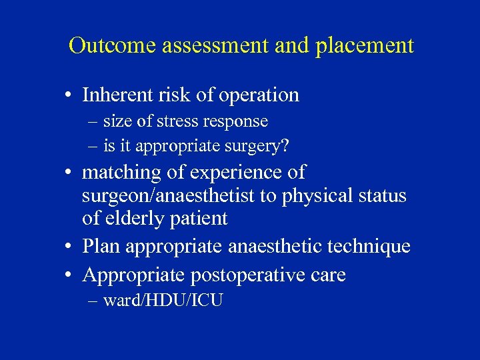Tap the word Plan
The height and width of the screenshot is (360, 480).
tap(101, 247)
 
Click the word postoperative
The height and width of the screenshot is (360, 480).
tap(240, 275)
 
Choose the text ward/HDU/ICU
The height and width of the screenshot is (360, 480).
tap(163, 301)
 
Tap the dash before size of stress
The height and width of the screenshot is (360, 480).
tap(91, 123)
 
